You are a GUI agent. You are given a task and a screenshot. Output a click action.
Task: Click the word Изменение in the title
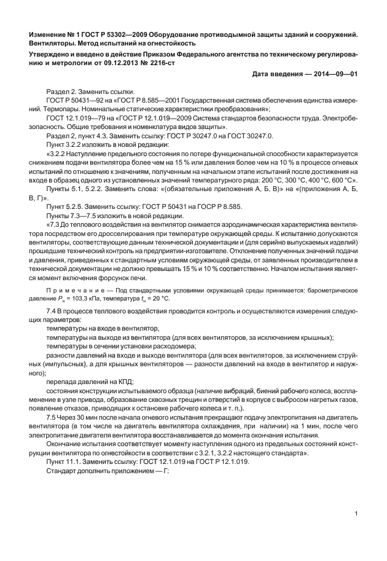pyautogui.click(x=50, y=33)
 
